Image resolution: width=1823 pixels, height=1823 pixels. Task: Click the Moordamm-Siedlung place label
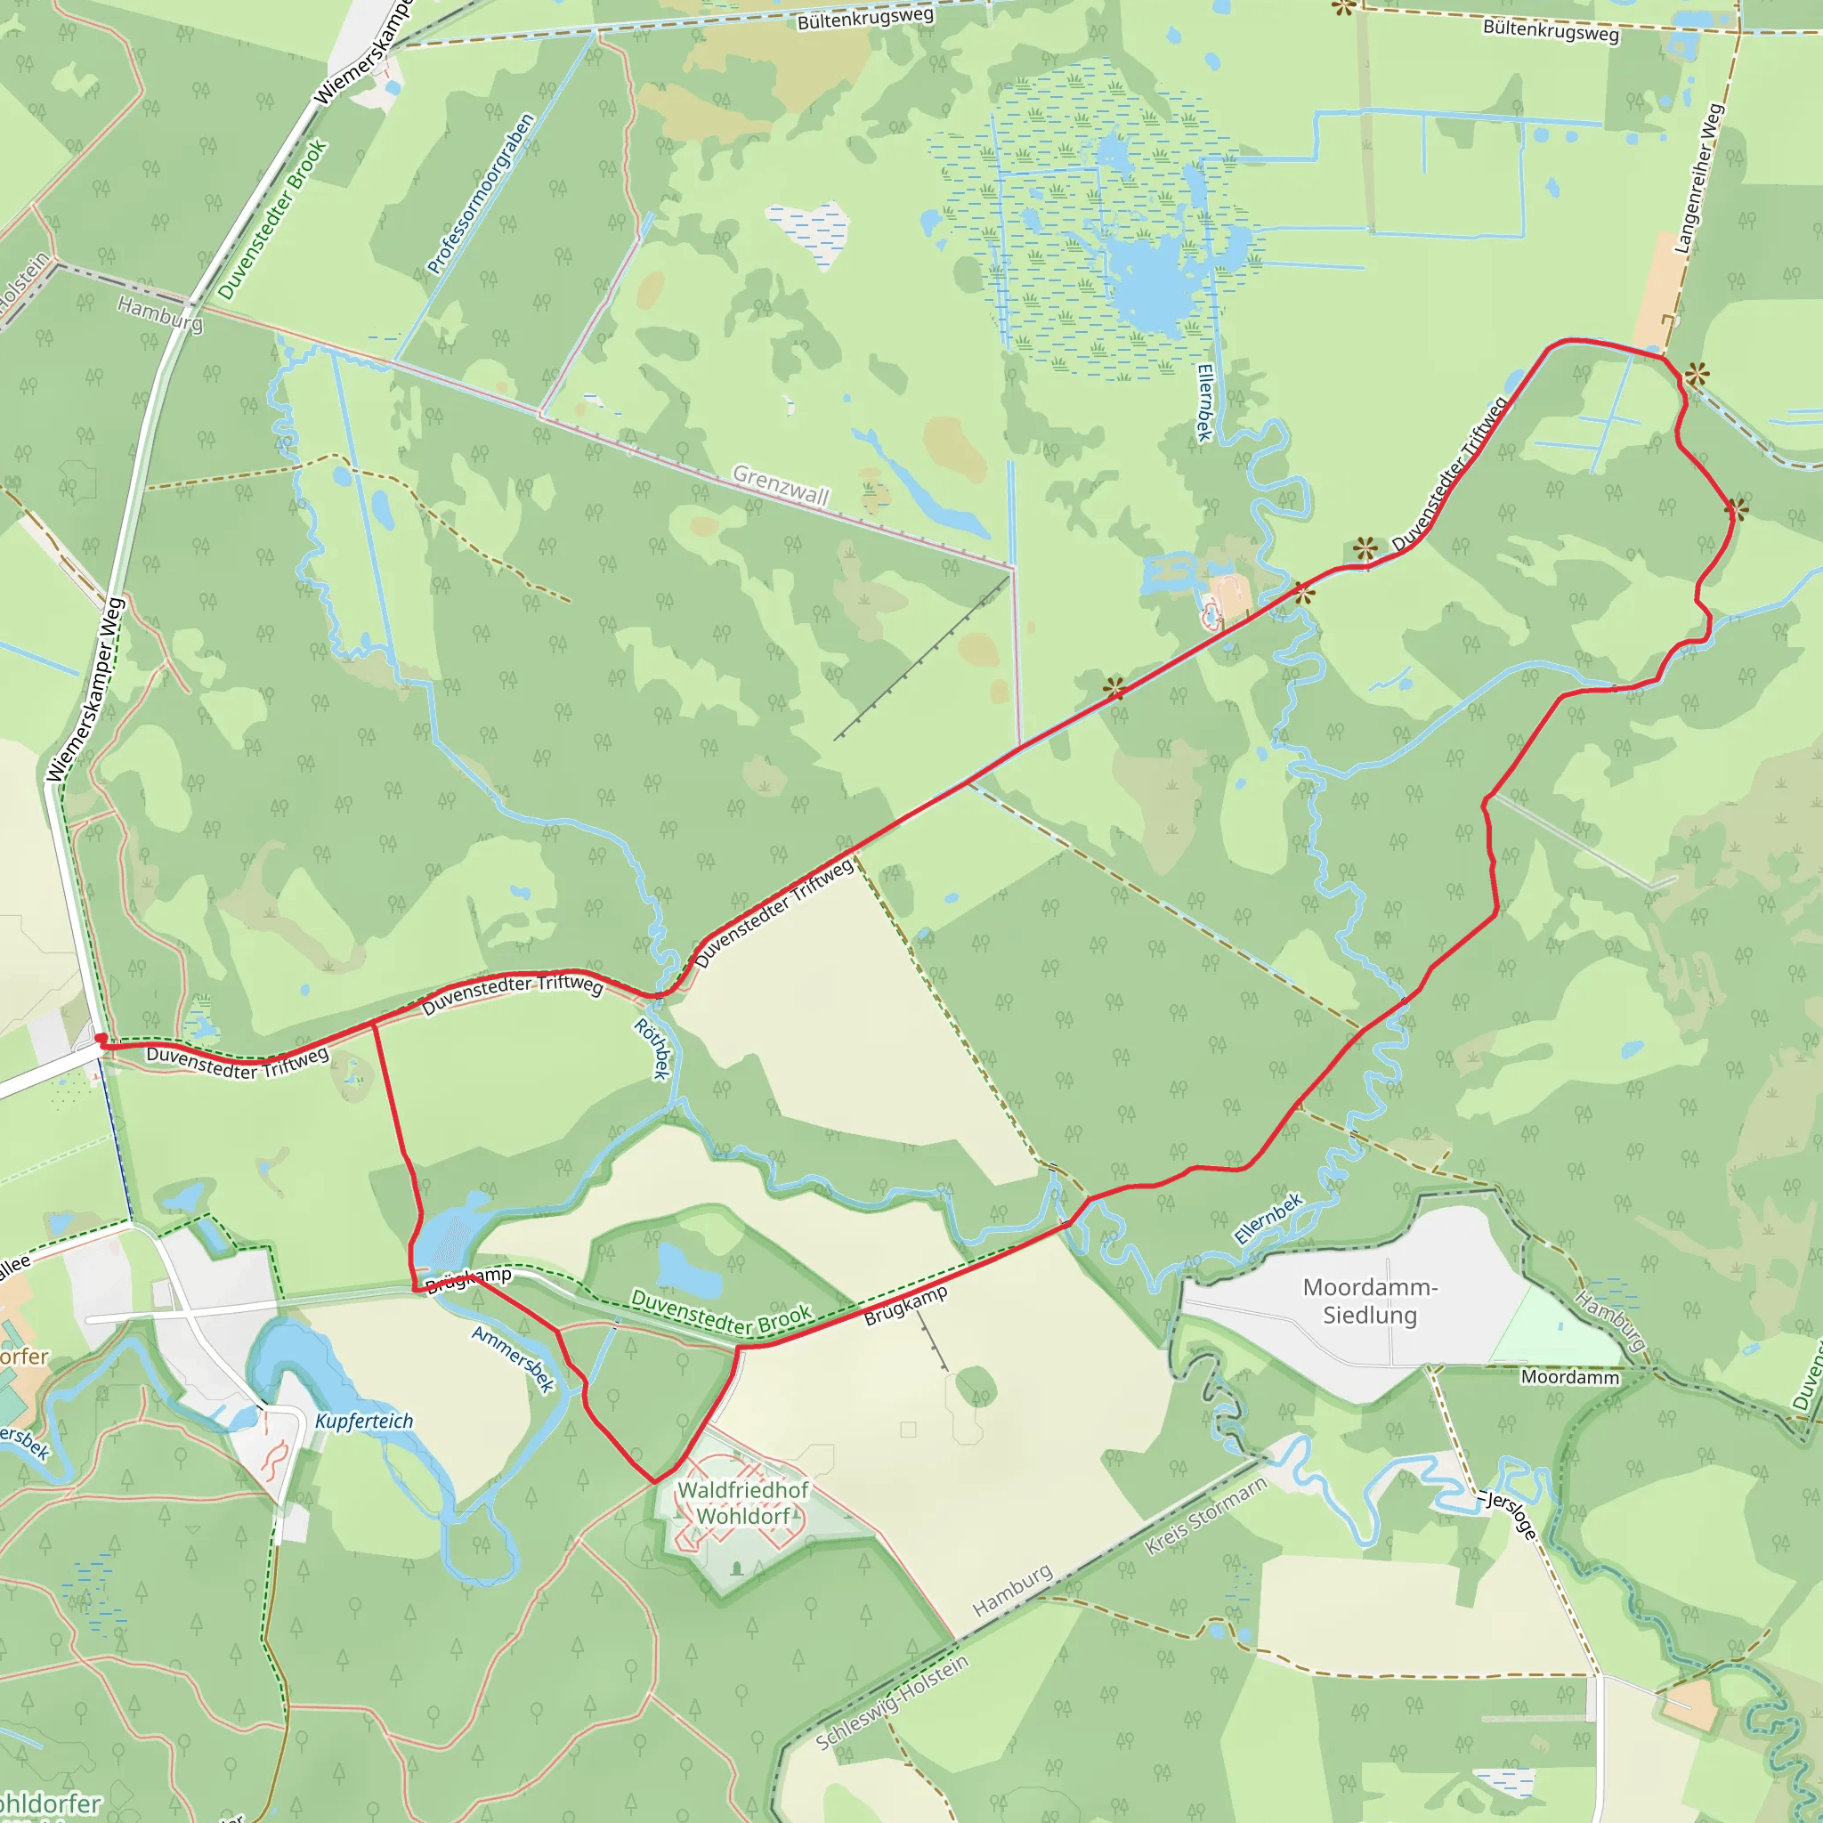pyautogui.click(x=1370, y=1301)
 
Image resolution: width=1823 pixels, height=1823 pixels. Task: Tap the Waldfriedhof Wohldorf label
pyautogui.click(x=743, y=1503)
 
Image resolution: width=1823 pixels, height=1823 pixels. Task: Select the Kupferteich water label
pyautogui.click(x=364, y=1421)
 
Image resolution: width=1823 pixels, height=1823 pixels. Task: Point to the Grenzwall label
pyautogui.click(x=782, y=485)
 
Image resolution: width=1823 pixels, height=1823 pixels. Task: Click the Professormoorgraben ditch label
pyautogui.click(x=482, y=193)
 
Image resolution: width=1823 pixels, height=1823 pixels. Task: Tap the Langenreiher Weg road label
pyautogui.click(x=1697, y=178)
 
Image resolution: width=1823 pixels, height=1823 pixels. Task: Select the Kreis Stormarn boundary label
pyautogui.click(x=1205, y=1516)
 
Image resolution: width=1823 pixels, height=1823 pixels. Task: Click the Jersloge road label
pyautogui.click(x=1511, y=1515)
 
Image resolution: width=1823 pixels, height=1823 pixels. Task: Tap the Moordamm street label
pyautogui.click(x=1570, y=1378)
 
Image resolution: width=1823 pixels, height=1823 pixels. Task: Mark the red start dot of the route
pyautogui.click(x=101, y=1040)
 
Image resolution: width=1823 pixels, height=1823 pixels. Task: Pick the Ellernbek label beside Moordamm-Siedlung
pyautogui.click(x=1268, y=1219)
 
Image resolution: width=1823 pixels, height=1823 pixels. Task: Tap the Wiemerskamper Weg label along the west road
pyautogui.click(x=85, y=690)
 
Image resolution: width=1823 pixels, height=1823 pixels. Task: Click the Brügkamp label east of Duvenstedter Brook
pyautogui.click(x=906, y=1306)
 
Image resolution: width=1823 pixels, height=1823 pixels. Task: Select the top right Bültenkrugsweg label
pyautogui.click(x=1551, y=31)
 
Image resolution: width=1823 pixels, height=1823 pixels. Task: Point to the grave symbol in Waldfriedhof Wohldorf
pyautogui.click(x=737, y=1568)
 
